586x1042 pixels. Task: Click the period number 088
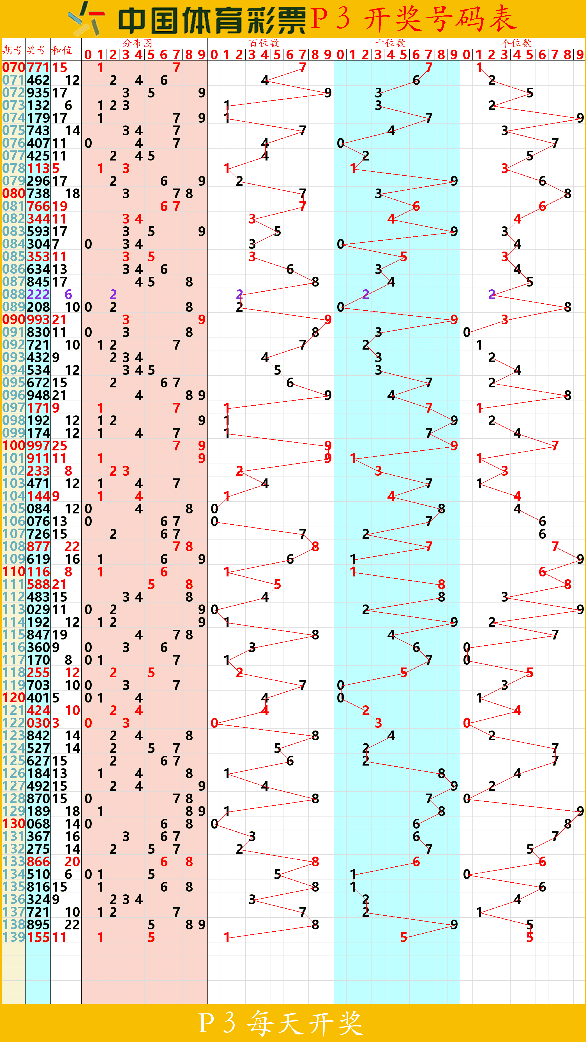[14, 294]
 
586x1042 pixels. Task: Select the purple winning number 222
[38, 294]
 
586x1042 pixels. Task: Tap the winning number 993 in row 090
[38, 320]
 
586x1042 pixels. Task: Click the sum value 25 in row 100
[59, 446]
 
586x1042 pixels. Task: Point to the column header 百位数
[264, 43]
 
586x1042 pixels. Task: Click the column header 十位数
[390, 43]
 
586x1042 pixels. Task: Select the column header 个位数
[516, 43]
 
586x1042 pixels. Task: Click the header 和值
[62, 50]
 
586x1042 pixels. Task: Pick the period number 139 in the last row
[14, 938]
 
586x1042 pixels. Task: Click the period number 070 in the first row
[14, 68]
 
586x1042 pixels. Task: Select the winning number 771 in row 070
[38, 68]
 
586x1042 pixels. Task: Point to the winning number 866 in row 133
[38, 862]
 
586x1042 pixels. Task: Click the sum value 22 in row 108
[72, 546]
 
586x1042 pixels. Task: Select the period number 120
[14, 698]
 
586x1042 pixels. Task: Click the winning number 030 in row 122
[38, 723]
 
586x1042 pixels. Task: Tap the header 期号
[13, 50]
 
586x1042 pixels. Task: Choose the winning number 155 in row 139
[38, 938]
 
